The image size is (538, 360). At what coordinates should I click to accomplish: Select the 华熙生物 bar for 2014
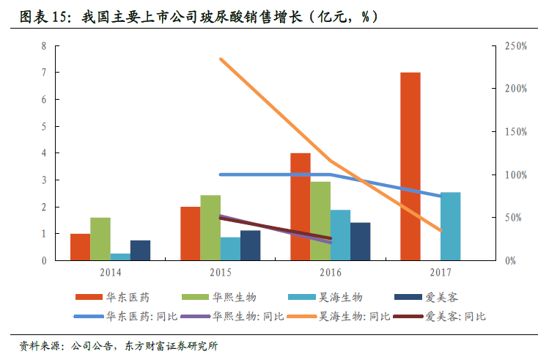[x=100, y=239]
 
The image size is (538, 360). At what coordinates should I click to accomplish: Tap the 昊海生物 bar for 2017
[x=451, y=227]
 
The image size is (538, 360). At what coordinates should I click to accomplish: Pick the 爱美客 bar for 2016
[x=360, y=241]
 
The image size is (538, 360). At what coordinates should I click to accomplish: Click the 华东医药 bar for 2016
[x=301, y=207]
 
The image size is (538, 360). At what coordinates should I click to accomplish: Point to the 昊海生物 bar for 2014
[x=120, y=257]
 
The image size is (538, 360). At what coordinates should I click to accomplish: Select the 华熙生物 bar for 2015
[x=210, y=228]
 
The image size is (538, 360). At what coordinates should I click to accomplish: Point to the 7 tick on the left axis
[x=43, y=73]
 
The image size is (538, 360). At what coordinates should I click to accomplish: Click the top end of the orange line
[x=221, y=59]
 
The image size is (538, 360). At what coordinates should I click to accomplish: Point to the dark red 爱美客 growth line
[x=276, y=228]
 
